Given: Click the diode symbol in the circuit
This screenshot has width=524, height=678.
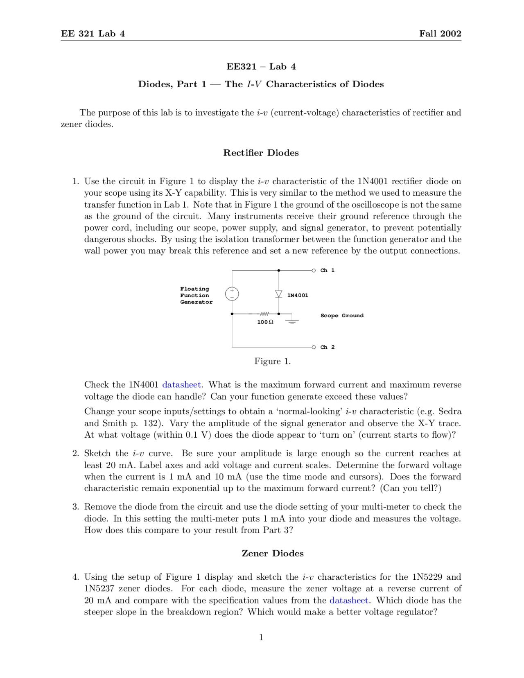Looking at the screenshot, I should coord(279,294).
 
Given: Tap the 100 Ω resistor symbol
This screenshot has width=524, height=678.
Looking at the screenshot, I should coord(264,314).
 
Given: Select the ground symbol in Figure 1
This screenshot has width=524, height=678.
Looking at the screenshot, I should coord(292,321).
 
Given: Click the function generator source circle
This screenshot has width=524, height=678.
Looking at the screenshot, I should coord(232,294).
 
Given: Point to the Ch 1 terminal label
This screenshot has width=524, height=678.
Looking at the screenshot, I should coord(327,270).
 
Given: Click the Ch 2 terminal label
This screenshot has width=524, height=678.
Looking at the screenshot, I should coord(327,347).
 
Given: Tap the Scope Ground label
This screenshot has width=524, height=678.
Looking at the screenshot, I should coord(342,316).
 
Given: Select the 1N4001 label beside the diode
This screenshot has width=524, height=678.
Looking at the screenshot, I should coord(298,295).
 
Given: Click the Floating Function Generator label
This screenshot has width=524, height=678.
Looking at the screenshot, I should coord(196,295).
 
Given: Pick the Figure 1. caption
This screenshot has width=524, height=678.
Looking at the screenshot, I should coord(272,361).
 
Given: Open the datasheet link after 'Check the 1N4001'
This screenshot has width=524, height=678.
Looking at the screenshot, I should coord(181,385).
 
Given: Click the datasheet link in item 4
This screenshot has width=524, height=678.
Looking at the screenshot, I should coord(349,601).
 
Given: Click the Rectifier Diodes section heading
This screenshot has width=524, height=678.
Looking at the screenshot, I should coord(261,153).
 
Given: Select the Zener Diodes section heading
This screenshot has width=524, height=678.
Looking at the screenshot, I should coord(273,554).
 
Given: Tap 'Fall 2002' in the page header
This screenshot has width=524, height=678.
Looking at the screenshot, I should coord(440,34).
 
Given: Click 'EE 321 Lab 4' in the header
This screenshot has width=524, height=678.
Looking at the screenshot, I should coord(93,34).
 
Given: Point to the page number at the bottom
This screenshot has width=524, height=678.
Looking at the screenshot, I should coord(261,637).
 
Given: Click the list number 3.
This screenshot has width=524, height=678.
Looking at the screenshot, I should coord(75,507).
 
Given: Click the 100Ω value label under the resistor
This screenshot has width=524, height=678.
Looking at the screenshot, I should coord(265,322).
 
